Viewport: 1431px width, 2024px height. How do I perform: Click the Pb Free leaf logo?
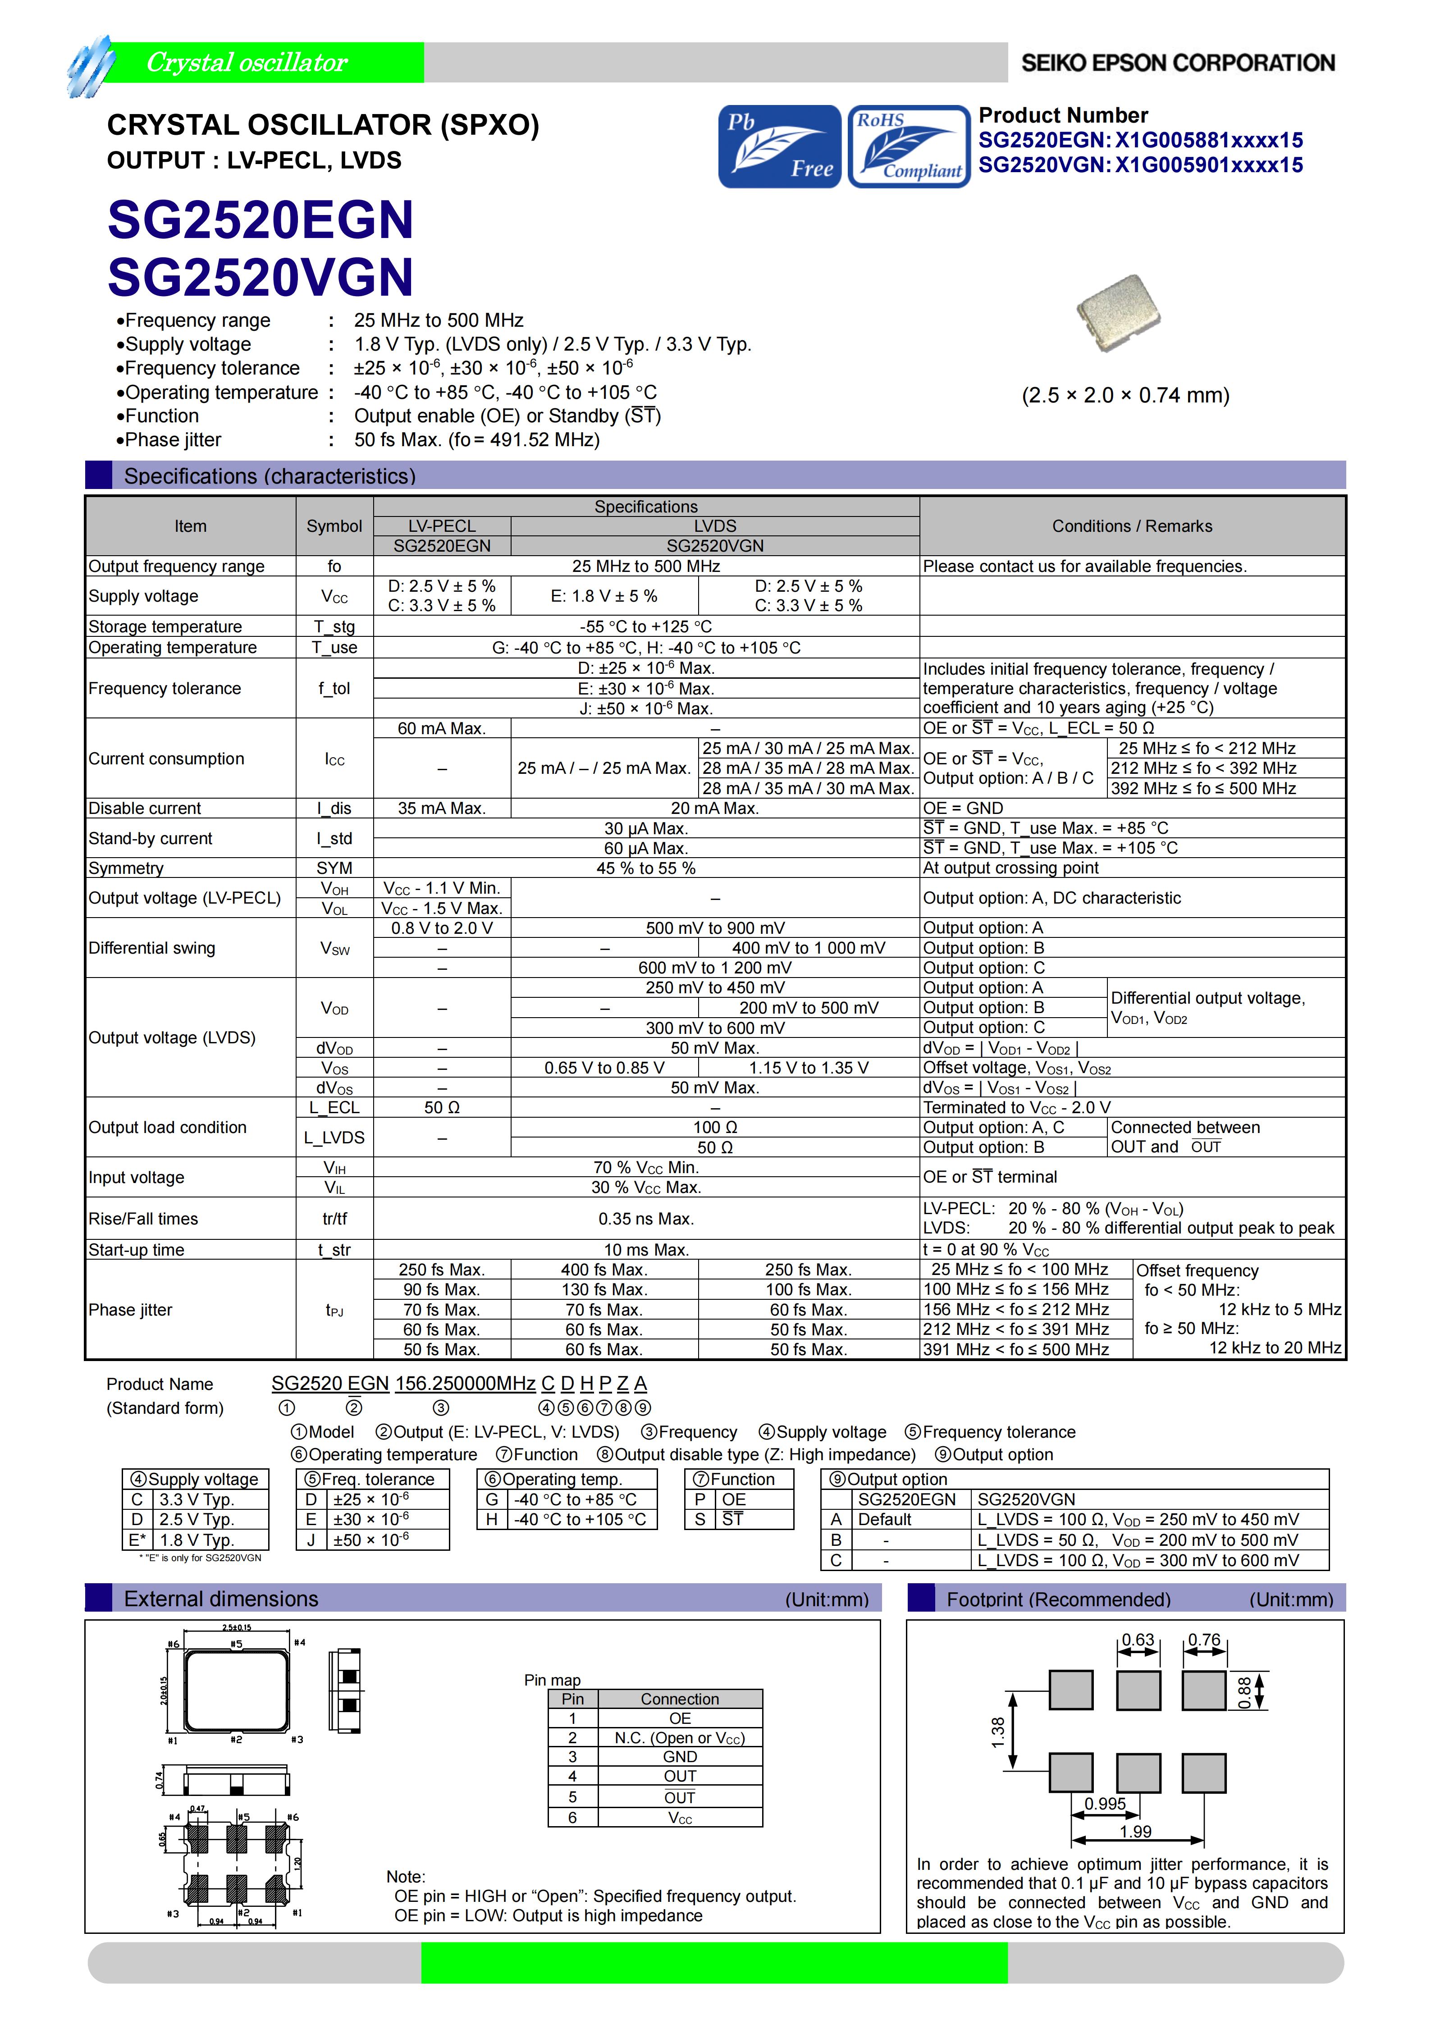779,146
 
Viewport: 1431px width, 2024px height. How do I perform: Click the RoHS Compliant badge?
908,146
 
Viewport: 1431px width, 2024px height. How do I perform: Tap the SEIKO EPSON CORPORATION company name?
1177,63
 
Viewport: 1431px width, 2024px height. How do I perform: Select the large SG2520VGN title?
260,277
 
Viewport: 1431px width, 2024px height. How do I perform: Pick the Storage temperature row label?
165,627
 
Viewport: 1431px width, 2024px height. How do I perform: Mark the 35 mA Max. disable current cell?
442,809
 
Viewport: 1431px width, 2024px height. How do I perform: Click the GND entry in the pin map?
680,1757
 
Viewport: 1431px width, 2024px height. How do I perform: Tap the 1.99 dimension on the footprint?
1136,1832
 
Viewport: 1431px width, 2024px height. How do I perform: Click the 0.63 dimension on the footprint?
1138,1640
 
